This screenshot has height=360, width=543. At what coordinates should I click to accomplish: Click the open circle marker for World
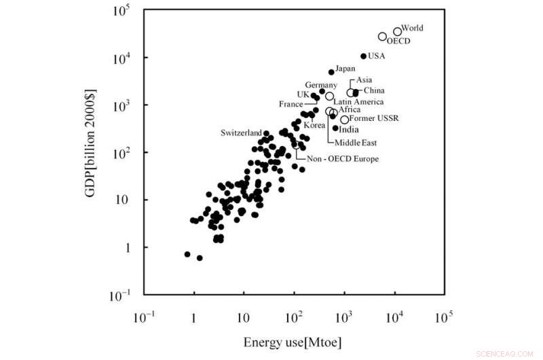397,31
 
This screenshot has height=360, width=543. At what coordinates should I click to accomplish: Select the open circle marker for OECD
383,37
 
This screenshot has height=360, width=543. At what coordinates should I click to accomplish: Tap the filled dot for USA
364,56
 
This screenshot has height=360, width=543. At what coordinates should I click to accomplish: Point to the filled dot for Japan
331,72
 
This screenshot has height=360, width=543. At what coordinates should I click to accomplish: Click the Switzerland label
241,132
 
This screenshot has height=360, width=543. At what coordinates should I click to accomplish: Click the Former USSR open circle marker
345,120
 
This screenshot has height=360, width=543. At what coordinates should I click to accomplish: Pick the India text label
349,129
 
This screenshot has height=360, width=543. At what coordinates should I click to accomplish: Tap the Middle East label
355,143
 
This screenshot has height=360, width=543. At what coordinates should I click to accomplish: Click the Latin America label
358,101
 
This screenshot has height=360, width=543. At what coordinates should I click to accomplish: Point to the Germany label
320,84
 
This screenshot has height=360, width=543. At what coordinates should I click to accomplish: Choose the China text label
374,90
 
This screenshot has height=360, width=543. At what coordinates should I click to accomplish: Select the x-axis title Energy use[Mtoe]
293,342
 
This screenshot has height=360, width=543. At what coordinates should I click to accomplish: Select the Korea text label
314,125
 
